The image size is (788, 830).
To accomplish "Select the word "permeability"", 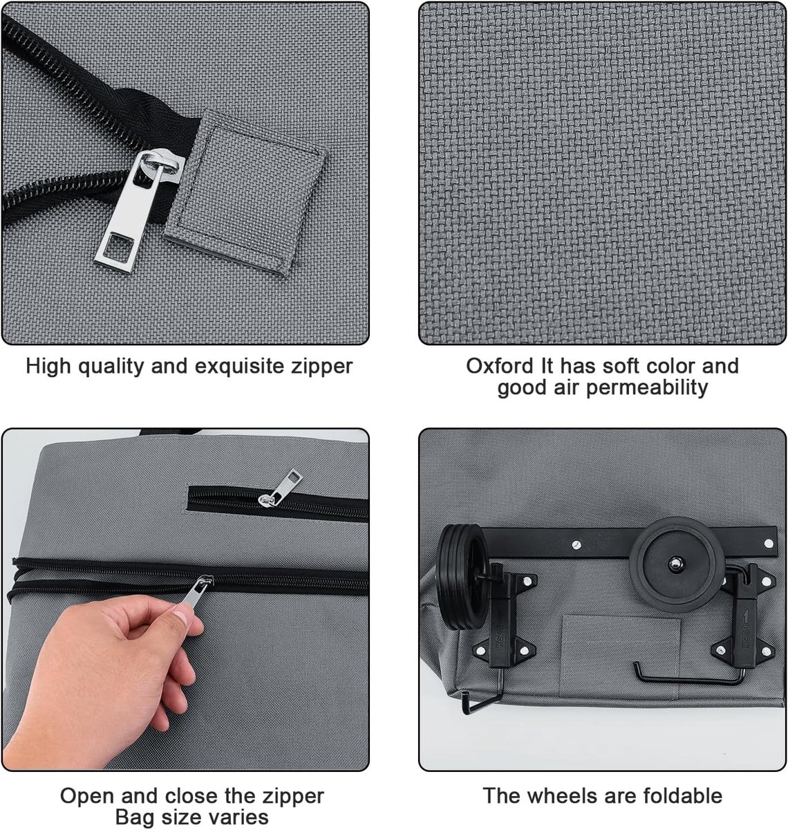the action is coord(646,387).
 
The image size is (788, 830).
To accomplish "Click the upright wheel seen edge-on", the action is coord(462,577).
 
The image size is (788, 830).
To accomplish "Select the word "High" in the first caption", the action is coord(48,367).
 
